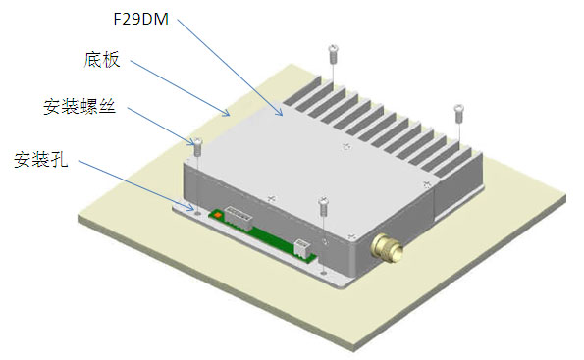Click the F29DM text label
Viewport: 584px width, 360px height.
tap(140, 19)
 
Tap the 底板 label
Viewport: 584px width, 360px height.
tap(102, 60)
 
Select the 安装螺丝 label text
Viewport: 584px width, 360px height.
tap(80, 107)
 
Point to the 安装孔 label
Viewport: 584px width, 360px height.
tap(41, 160)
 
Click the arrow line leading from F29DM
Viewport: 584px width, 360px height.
tap(230, 67)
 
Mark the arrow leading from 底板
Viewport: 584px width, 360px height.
tap(180, 88)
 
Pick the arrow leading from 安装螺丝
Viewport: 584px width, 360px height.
tap(161, 127)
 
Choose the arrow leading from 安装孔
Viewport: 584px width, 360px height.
tap(136, 185)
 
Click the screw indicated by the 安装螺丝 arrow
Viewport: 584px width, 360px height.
tap(198, 146)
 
